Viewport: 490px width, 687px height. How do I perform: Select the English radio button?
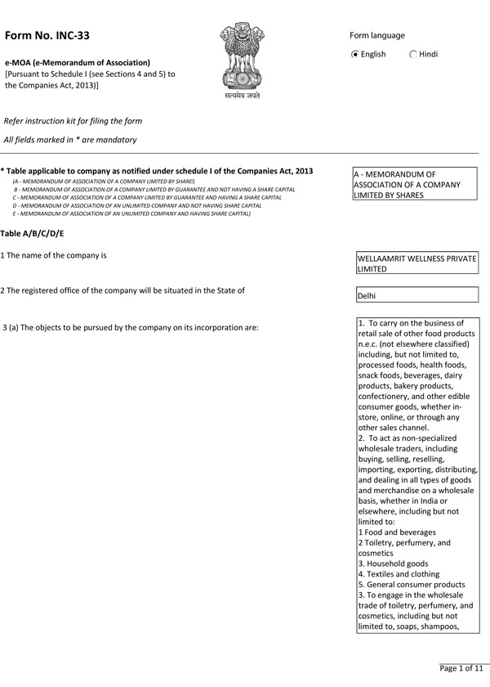point(354,55)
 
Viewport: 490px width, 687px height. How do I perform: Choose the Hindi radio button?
point(413,55)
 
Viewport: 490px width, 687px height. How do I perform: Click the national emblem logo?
point(243,59)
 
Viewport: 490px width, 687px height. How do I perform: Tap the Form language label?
point(377,35)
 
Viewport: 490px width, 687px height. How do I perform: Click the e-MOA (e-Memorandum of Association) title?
point(78,62)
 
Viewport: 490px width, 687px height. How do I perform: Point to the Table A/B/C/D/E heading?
point(32,234)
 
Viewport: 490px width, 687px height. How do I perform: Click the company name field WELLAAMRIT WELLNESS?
point(416,263)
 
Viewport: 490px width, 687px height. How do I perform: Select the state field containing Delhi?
point(416,295)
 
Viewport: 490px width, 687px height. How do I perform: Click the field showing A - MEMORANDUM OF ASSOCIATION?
point(415,185)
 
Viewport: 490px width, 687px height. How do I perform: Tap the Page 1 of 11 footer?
point(462,668)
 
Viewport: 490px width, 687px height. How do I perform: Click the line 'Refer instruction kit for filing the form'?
point(73,121)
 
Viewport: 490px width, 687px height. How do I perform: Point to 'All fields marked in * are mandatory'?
point(70,140)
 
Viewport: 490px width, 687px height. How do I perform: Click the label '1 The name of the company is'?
point(54,255)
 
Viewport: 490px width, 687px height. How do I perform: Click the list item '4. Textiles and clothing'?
point(399,574)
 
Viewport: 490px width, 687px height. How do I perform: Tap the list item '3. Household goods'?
point(393,564)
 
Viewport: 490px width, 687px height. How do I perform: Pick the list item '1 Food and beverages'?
point(396,532)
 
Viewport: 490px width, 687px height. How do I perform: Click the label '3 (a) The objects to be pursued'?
point(131,328)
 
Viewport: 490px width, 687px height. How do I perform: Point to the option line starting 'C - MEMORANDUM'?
point(147,197)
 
